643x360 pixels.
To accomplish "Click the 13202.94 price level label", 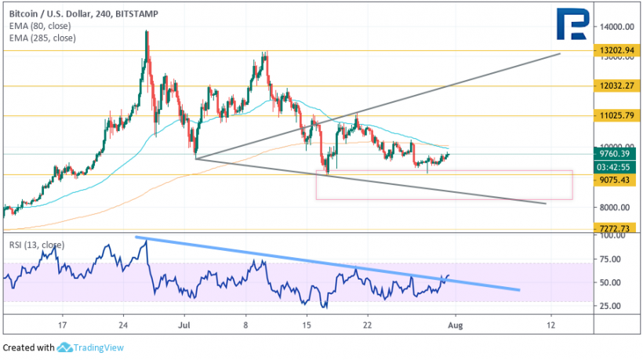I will [617, 49].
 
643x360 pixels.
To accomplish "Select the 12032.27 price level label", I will [617, 85].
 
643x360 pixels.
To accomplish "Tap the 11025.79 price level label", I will [617, 115].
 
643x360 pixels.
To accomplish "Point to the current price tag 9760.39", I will [617, 154].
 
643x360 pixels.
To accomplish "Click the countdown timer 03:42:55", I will [617, 166].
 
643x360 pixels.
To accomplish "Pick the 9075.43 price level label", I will [617, 179].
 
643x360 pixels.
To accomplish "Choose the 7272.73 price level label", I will [617, 227].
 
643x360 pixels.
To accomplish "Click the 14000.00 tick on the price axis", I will [617, 26].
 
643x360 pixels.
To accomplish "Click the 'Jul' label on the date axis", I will [185, 323].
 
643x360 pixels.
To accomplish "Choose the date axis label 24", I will [123, 323].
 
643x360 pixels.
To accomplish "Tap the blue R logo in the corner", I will [575, 26].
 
